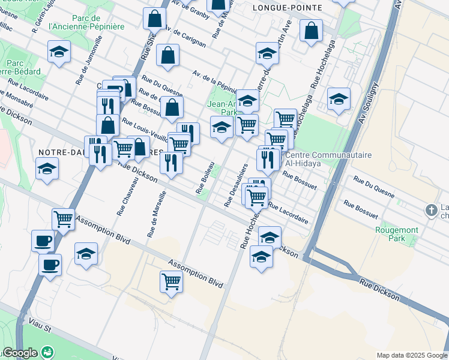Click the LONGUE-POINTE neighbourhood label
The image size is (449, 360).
click(x=288, y=8)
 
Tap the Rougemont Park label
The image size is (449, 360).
click(x=391, y=233)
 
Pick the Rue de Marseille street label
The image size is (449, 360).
click(x=154, y=213)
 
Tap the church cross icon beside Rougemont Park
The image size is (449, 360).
click(x=430, y=211)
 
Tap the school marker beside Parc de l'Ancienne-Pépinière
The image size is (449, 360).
click(x=59, y=53)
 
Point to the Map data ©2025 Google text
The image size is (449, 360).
click(x=411, y=355)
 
